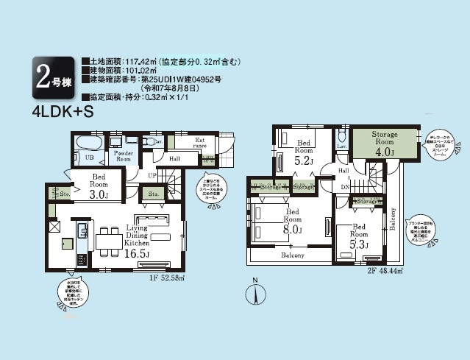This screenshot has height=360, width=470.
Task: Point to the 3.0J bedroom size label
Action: point(99,194)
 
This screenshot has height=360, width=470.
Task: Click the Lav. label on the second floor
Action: point(343,147)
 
